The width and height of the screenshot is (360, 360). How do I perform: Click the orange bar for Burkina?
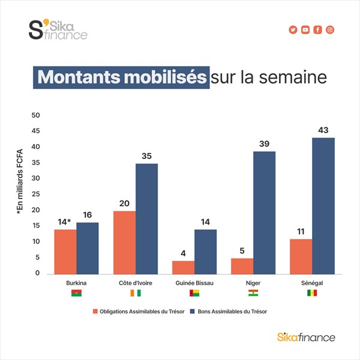65,251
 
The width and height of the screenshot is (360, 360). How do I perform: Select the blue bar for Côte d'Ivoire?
146,218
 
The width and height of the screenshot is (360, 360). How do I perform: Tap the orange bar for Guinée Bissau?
184,267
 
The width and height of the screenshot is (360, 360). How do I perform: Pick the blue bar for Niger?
265,212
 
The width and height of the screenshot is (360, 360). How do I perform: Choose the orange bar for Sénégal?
301,256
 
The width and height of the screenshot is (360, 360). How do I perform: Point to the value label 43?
323,130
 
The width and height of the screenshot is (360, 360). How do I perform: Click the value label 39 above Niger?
265,143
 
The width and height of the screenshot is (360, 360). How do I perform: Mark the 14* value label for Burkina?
64,221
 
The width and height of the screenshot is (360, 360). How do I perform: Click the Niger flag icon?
253,293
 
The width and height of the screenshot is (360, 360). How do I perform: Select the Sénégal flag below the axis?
312,293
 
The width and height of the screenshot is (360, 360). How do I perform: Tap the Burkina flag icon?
77,293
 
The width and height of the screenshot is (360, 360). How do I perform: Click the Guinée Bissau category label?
195,282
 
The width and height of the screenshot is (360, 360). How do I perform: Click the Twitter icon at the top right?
293,30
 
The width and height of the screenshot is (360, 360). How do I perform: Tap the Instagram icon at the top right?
330,30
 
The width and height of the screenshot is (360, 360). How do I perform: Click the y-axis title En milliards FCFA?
19,181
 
